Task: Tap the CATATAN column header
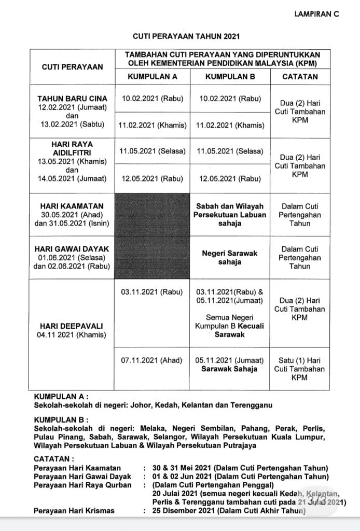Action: (x=300, y=76)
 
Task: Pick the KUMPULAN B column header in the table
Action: (x=230, y=76)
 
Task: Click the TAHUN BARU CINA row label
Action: (x=72, y=99)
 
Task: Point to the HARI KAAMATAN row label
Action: (x=72, y=206)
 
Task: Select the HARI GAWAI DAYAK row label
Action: (x=72, y=249)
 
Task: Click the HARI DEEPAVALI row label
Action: (x=72, y=326)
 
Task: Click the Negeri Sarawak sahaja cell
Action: (x=230, y=258)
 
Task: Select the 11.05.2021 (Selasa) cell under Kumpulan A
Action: (x=152, y=151)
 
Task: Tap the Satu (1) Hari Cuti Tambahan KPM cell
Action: (x=300, y=369)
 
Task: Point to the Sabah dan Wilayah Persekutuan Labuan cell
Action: (x=230, y=215)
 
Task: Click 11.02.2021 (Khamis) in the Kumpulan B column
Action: (x=230, y=125)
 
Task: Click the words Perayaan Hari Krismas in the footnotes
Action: (x=74, y=511)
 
